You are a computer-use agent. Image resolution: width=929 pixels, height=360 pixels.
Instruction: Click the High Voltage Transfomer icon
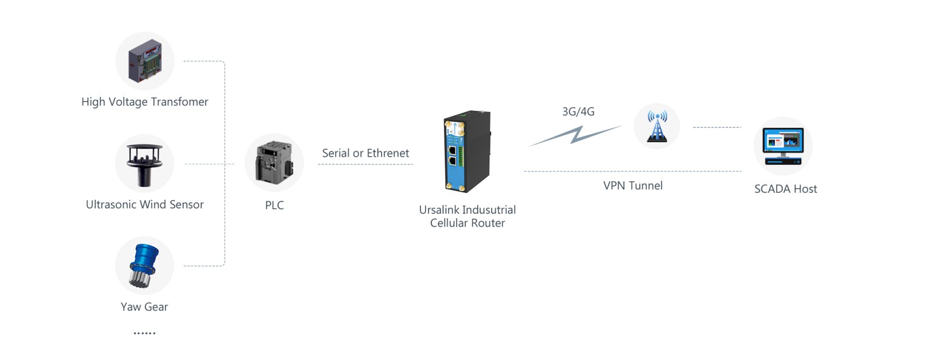pos(145,60)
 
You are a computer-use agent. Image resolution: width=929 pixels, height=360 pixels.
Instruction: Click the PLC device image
pos(274,162)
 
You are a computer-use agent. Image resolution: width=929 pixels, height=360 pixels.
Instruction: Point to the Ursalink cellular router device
pos(467,152)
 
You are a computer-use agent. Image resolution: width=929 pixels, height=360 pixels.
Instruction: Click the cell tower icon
pos(657,127)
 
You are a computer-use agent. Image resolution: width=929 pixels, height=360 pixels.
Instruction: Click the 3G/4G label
pos(578,111)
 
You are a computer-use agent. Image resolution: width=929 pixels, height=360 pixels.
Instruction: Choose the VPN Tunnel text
pos(633,185)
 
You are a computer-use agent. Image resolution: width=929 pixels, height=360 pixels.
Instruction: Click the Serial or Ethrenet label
pos(365,153)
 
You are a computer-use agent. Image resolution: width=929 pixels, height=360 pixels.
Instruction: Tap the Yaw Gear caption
pos(145,307)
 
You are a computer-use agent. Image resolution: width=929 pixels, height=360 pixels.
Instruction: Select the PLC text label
pos(275,206)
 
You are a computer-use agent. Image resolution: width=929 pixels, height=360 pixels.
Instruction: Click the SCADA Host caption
pos(786,189)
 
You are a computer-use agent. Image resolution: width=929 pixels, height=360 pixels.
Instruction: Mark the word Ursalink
pos(438,210)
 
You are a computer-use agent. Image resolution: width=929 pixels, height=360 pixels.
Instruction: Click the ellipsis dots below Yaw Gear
pos(145,333)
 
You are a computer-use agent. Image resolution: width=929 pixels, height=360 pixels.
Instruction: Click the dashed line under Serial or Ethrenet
pos(365,164)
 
